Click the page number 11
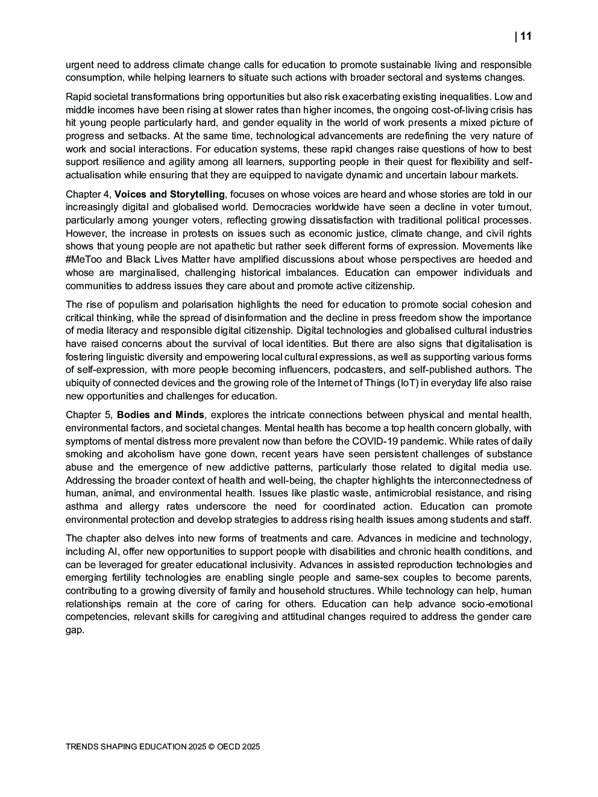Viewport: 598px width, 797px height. [525, 37]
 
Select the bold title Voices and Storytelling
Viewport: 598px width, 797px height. [169, 194]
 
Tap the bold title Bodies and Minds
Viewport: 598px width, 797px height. [160, 414]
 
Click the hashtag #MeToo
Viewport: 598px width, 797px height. [84, 259]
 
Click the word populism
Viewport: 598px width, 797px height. [137, 304]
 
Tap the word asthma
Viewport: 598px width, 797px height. [81, 506]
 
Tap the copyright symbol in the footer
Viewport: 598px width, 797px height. [212, 746]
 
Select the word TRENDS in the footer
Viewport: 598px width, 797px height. [82, 746]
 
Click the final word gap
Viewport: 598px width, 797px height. [74, 630]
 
